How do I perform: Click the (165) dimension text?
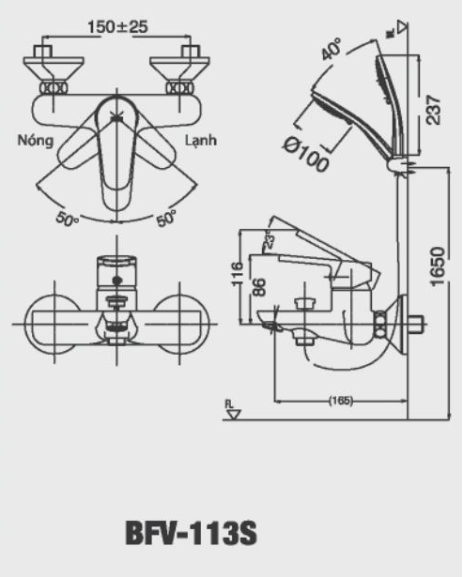pyautogui.click(x=340, y=401)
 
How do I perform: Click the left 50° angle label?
pyautogui.click(x=67, y=219)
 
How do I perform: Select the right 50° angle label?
pyautogui.click(x=166, y=219)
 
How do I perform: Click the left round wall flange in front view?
pyautogui.click(x=54, y=324)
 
